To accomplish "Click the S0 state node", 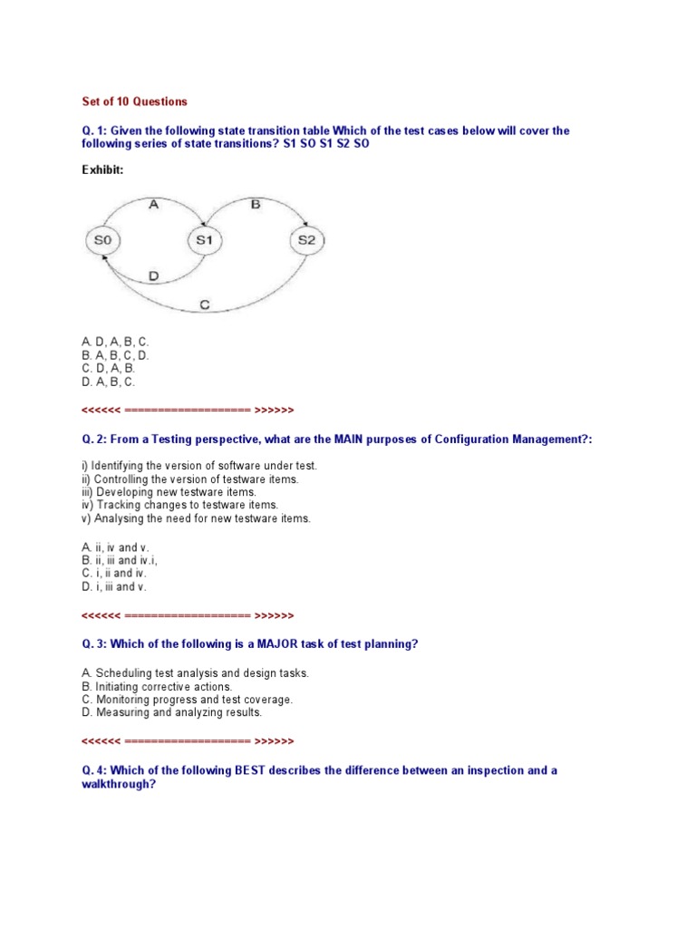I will tap(102, 240).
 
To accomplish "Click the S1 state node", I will tap(204, 240).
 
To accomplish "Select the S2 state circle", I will tap(307, 240).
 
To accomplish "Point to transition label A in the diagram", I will tap(153, 205).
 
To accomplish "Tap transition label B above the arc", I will tap(256, 205).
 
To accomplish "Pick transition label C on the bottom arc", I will tap(205, 305).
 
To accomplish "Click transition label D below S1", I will tap(153, 275).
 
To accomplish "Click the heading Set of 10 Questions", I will tap(134, 101).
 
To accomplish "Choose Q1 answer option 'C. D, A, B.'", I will tap(108, 369).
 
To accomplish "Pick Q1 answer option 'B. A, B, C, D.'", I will tap(115, 355).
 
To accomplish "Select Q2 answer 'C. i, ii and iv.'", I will tap(113, 574).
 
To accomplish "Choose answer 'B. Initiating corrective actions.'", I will tap(157, 687).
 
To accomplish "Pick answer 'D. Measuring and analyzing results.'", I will tap(171, 712).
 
